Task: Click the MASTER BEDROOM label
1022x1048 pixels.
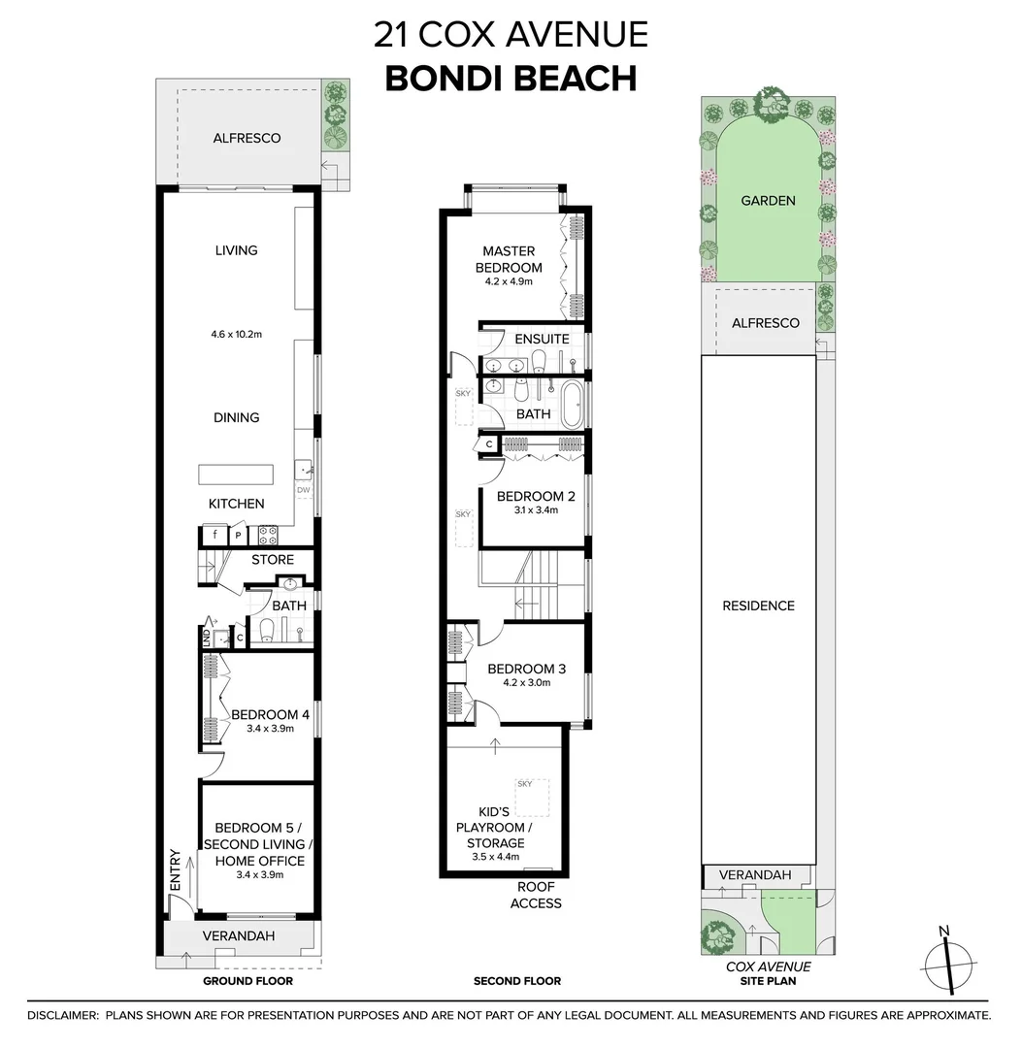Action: pos(509,259)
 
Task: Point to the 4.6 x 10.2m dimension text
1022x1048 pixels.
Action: pos(237,335)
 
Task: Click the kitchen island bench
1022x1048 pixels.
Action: pos(237,475)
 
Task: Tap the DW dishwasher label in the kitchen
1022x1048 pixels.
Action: pos(304,490)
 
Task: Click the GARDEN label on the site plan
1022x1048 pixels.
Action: pos(768,201)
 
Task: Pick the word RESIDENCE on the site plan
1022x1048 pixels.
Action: pos(758,606)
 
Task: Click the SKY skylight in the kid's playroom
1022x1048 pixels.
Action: pos(525,784)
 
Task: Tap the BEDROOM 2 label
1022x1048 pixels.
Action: pos(536,497)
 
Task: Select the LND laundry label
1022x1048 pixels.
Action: pos(206,638)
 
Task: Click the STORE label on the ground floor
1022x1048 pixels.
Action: pos(273,560)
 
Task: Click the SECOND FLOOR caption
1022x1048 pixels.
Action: pos(516,981)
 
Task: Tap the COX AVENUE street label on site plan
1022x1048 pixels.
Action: pos(769,966)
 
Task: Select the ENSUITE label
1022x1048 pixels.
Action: pos(542,339)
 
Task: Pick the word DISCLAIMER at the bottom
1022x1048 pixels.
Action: pos(62,1015)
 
